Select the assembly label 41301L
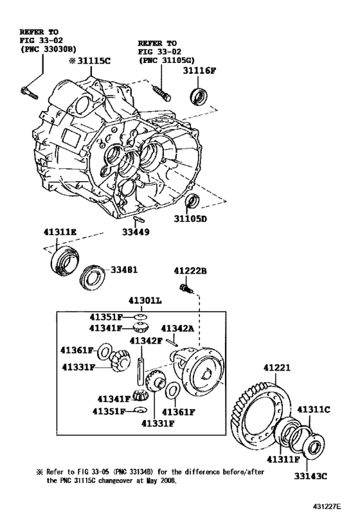click(x=146, y=300)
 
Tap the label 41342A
click(x=177, y=328)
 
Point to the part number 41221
click(x=277, y=368)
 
